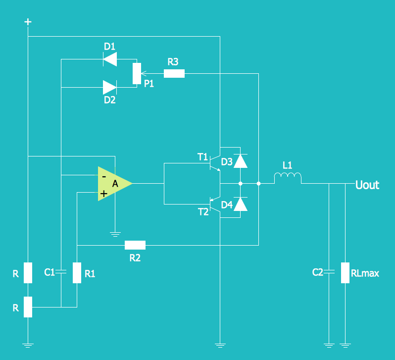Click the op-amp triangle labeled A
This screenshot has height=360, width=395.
point(113,184)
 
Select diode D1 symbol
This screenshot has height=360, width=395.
point(109,59)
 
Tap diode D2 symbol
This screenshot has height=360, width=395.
point(109,87)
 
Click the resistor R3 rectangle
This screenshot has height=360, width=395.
point(174,74)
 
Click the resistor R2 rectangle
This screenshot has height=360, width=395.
point(135,245)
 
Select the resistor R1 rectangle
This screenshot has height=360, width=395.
point(77,272)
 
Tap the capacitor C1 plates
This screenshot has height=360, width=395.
point(60,271)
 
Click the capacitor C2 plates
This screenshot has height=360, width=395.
point(329,271)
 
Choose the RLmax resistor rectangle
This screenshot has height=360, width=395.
point(346,272)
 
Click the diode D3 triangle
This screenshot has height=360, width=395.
point(240,161)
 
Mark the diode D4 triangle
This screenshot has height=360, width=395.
point(240,204)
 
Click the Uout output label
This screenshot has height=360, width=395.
point(367,185)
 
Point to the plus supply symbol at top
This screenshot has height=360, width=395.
point(28,22)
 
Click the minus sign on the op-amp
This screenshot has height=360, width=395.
point(103,176)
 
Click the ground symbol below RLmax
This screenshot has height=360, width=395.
point(346,344)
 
